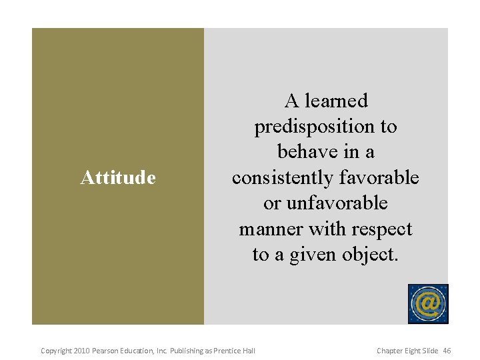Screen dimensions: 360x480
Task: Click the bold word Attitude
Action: coord(118,178)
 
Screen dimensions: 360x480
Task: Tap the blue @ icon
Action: coord(428,304)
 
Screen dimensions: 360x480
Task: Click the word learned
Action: coord(337,101)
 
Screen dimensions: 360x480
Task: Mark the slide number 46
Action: coord(447,351)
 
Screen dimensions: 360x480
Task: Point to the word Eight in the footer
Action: coord(418,351)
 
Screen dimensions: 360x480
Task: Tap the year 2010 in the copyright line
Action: coord(82,351)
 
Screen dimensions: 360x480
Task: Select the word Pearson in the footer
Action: coord(106,351)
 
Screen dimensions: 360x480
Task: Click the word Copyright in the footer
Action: coord(57,351)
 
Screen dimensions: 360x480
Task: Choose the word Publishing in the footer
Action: coord(189,351)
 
